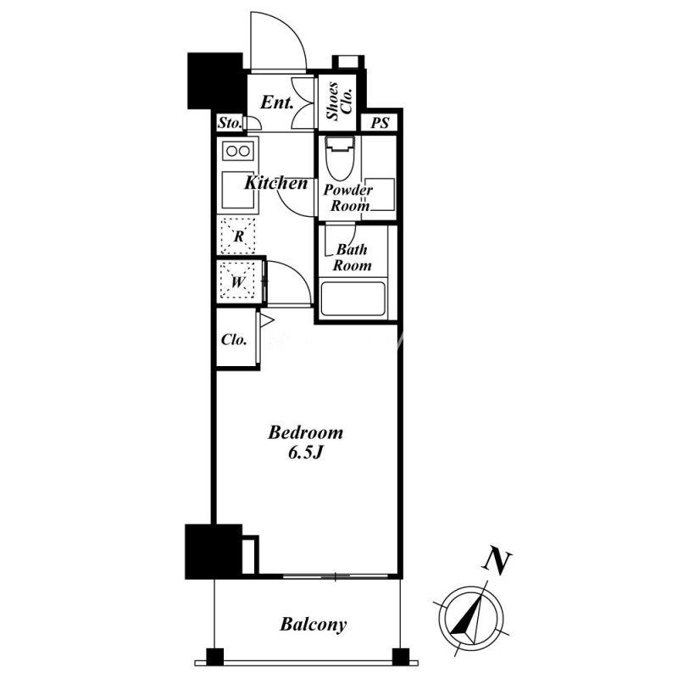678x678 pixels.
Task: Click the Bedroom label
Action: click(x=306, y=433)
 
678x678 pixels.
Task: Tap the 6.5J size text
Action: click(x=306, y=453)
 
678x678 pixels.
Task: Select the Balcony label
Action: click(x=313, y=625)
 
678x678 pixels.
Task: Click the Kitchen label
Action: click(x=276, y=183)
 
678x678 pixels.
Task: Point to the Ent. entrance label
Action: click(x=277, y=103)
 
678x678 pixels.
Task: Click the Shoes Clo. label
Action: click(x=340, y=101)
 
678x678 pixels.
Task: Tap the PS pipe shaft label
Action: click(x=380, y=123)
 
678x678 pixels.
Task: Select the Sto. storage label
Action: click(x=229, y=123)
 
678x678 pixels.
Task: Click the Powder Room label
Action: click(x=348, y=197)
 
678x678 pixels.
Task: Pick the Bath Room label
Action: click(x=352, y=258)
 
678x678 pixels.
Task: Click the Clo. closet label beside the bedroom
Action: click(x=234, y=340)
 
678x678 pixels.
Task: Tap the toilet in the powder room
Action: click(x=341, y=158)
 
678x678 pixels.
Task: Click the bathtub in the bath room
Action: click(x=353, y=299)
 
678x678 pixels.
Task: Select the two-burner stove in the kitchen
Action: click(x=238, y=152)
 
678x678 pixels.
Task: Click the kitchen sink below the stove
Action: click(x=237, y=191)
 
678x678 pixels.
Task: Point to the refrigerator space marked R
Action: click(x=238, y=236)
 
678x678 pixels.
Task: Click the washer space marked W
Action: click(x=237, y=281)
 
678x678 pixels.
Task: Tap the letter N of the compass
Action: click(x=497, y=562)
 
